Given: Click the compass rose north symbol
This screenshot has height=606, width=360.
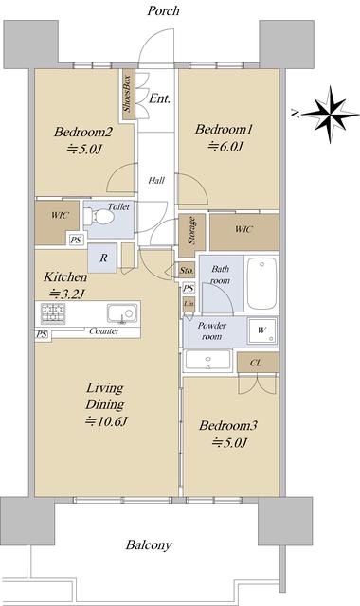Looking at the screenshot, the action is point(330,114).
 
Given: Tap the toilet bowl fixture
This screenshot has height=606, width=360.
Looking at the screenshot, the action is point(99,217).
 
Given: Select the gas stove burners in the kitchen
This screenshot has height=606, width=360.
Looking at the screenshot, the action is point(53,313).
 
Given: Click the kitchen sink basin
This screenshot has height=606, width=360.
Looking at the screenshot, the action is point(122,313).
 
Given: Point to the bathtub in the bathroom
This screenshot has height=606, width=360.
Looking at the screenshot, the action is point(261,283).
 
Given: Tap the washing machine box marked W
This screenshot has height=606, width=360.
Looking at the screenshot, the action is point(262,330).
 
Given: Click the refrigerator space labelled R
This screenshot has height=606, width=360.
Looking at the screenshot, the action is point(102,258).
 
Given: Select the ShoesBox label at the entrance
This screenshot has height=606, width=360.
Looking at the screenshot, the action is point(127,94).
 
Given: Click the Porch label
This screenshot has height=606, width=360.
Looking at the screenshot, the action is point(163,10).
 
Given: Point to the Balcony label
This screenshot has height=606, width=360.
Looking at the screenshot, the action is point(149,545).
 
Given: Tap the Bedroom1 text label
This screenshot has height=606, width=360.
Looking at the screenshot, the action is point(224,129).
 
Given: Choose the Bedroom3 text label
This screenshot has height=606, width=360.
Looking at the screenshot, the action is point(228,426).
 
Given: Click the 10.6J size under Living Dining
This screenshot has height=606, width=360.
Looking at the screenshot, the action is point(106,421).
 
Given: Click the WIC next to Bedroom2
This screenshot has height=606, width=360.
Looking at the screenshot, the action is point(57,223).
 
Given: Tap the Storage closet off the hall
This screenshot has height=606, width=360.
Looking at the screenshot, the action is point(191,236).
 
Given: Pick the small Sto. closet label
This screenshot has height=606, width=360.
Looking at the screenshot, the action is point(187,271).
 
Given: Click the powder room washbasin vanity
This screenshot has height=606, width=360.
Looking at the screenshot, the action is point(208,360).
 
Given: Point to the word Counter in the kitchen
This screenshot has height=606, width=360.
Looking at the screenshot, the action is point(104,331).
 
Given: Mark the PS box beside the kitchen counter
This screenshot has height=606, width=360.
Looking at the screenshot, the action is point(42,334).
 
